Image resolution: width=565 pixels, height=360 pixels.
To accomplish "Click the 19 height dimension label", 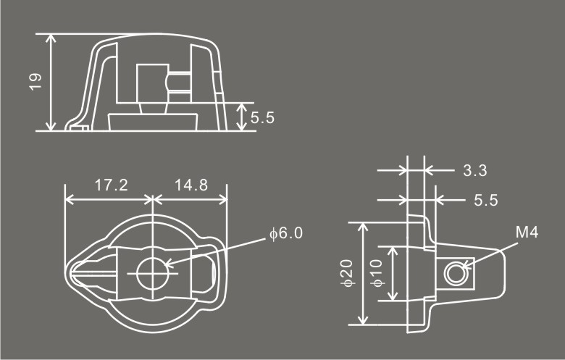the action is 36,82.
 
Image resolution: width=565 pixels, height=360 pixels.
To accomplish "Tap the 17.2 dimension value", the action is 111,185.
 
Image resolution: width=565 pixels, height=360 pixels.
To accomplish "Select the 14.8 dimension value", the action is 191,185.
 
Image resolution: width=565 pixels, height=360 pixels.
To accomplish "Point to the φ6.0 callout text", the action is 286,233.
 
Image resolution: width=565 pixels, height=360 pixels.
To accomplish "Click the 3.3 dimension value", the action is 475,170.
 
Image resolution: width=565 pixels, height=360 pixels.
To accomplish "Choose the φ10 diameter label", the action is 377,273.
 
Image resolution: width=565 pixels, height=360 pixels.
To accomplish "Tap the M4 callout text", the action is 527,233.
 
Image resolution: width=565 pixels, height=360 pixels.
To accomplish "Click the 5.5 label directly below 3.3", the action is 486,201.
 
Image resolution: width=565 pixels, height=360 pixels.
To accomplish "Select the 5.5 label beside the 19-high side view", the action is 262,118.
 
